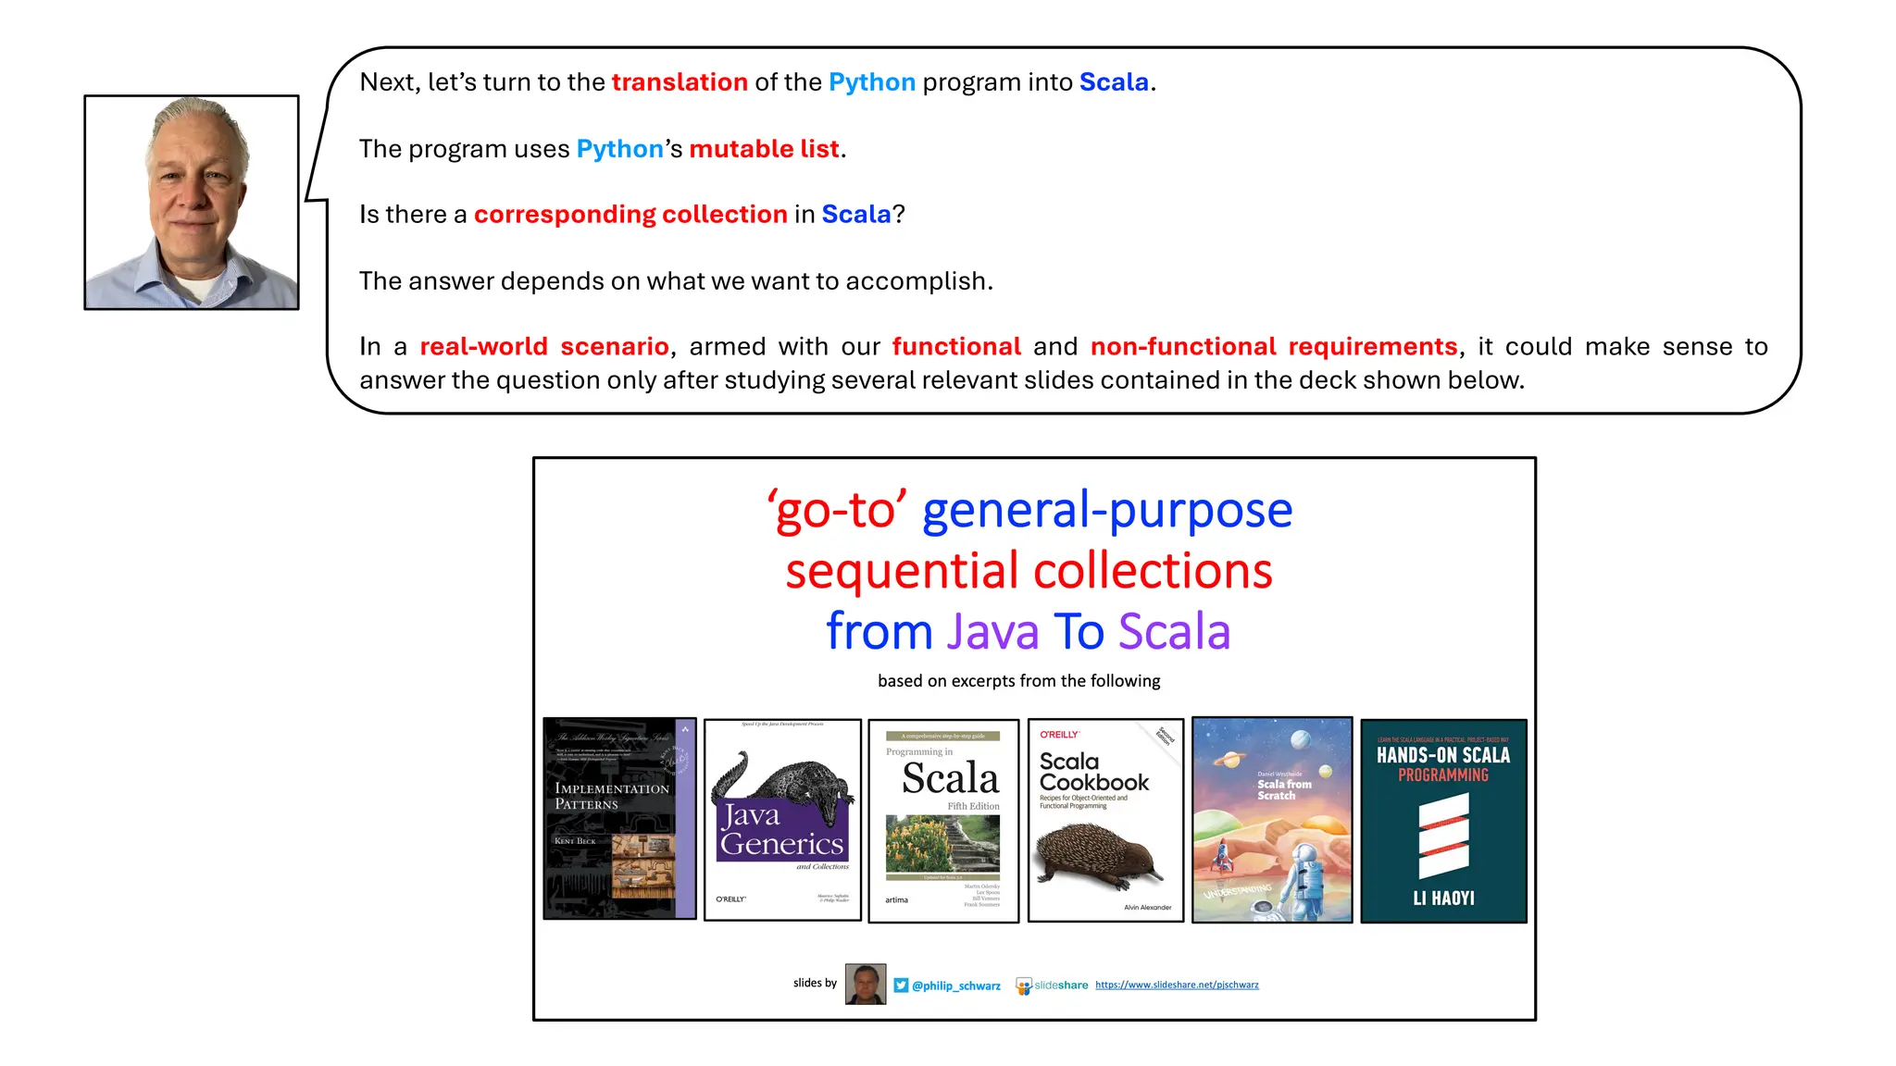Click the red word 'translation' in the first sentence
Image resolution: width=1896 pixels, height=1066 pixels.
pos(679,82)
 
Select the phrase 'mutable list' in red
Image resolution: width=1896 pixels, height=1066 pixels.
pos(764,149)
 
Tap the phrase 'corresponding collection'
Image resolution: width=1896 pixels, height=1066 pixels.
pos(630,215)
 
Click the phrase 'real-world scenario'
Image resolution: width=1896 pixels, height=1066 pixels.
pos(543,347)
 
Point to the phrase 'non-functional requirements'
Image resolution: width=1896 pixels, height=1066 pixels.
pos(1274,347)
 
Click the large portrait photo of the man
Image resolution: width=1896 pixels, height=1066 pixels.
pos(192,202)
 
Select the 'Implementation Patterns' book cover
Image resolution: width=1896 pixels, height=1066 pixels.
pos(619,818)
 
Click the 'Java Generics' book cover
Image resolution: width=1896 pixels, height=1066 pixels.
pos(782,820)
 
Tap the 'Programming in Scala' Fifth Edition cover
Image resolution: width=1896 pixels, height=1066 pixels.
pos(942,821)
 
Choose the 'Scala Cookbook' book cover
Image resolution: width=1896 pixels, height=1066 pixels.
pos(1105,820)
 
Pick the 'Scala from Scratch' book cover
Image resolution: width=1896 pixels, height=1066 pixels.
pos(1272,820)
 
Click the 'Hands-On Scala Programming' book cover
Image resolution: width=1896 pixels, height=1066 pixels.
pos(1443,820)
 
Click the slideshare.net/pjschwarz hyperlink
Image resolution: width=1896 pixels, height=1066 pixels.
pos(1177,985)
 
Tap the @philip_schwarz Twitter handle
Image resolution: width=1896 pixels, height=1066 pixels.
pos(955,985)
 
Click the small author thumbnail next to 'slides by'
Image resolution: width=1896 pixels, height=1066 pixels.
pos(866,984)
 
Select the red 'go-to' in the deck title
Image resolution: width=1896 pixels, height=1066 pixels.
pos(836,510)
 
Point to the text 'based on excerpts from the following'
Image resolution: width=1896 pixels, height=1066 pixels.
pos(1018,681)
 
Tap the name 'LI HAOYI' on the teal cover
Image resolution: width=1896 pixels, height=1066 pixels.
pos(1443,898)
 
